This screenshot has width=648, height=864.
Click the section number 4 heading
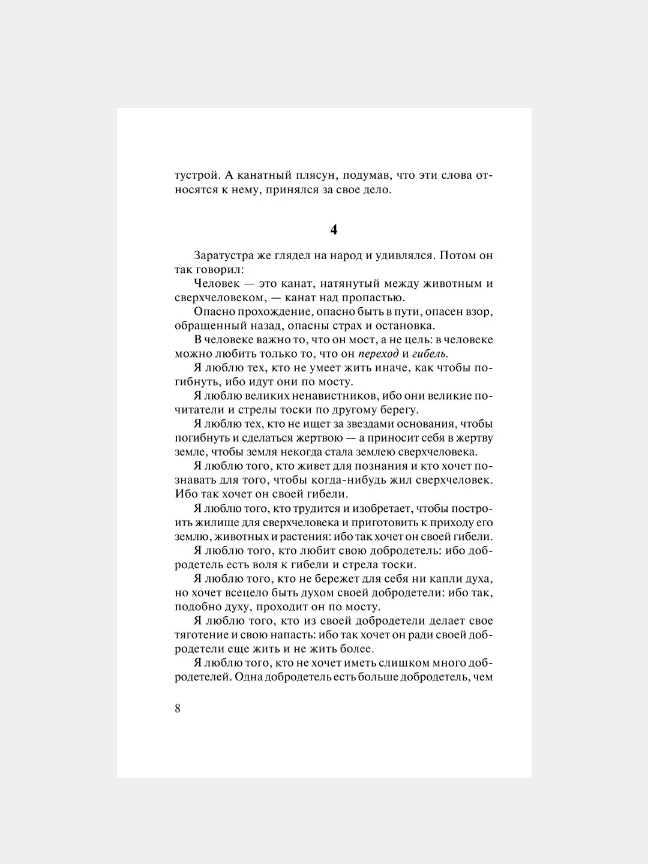tap(334, 230)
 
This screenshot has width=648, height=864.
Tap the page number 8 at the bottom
tap(178, 708)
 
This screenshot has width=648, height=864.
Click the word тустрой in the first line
tap(194, 176)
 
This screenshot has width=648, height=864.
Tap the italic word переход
tap(378, 353)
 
